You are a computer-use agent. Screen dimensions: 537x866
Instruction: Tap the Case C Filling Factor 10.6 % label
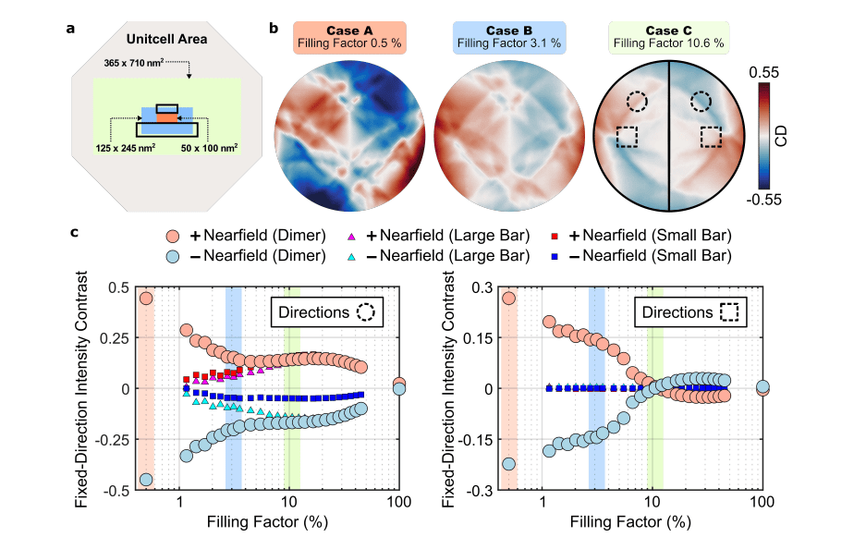[669, 43]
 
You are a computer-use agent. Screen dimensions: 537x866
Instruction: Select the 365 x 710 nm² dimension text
[140, 65]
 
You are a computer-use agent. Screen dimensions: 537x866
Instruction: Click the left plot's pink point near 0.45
[145, 298]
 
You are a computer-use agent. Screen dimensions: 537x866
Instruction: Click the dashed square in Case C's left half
[628, 137]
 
